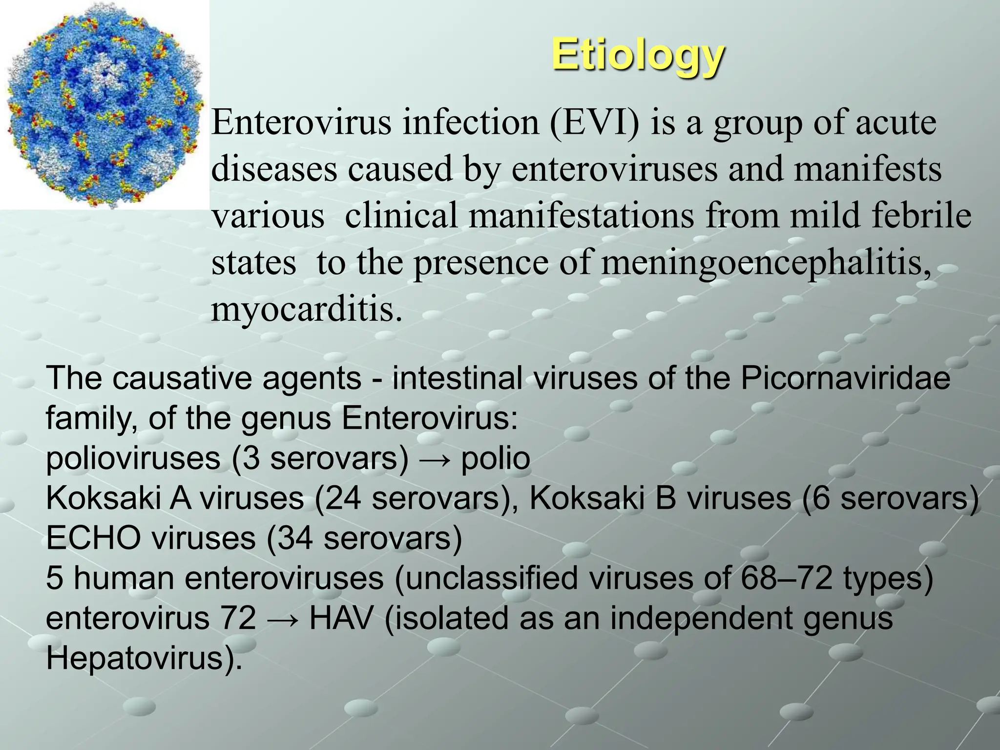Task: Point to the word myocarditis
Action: coord(307,309)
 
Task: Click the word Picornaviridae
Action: coord(845,378)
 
